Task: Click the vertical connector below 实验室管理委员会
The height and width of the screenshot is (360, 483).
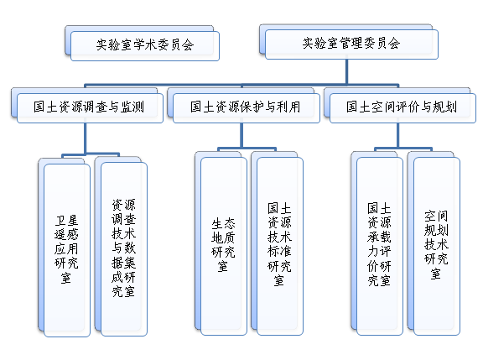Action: tap(347, 71)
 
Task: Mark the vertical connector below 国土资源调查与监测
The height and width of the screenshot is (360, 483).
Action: tap(85, 138)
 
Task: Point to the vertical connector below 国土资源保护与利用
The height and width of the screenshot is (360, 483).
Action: tap(241, 136)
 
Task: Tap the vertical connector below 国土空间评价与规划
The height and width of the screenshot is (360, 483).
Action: tap(398, 136)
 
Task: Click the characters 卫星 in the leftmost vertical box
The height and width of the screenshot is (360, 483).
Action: tap(67, 221)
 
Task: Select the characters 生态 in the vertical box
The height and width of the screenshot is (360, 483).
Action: tap(224, 224)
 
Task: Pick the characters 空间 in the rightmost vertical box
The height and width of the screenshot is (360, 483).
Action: tap(437, 216)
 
